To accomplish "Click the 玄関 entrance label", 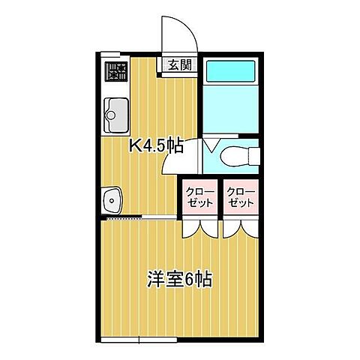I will (x=178, y=65).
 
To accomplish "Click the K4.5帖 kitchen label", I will (x=157, y=145).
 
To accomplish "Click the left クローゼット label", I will (x=199, y=197).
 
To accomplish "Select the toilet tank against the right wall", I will (x=253, y=156).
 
